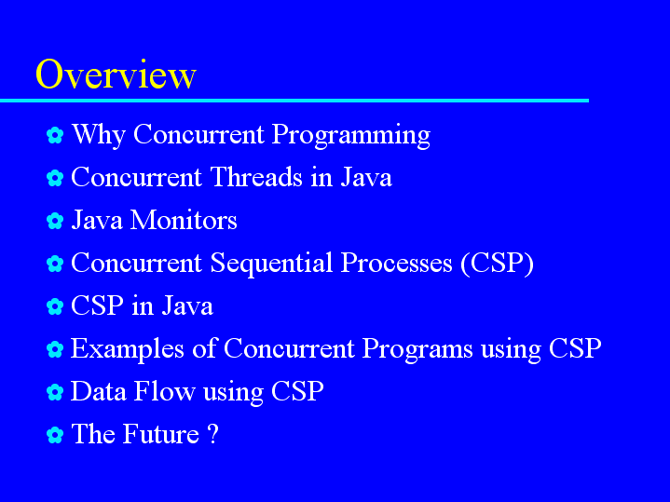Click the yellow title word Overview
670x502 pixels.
[x=116, y=75]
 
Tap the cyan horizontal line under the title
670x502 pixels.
[x=294, y=101]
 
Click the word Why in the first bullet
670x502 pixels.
[x=99, y=135]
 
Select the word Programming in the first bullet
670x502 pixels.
[x=350, y=135]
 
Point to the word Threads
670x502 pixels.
[x=256, y=177]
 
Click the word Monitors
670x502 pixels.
[x=184, y=220]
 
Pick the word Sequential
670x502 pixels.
[x=271, y=264]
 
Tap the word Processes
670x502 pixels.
[x=397, y=263]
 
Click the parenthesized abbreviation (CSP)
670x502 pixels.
[x=498, y=264]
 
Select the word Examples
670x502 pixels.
[x=128, y=349]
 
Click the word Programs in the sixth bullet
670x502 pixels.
[x=417, y=349]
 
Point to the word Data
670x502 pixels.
[x=98, y=391]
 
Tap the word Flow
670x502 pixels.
[x=165, y=391]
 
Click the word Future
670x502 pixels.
[x=161, y=434]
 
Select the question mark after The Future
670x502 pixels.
[x=213, y=434]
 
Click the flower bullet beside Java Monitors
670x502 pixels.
[x=55, y=221]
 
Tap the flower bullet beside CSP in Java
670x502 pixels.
[x=55, y=306]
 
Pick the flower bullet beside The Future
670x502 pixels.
[x=55, y=435]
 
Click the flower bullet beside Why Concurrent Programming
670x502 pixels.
[x=55, y=135]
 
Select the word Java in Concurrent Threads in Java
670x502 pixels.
[x=366, y=177]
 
